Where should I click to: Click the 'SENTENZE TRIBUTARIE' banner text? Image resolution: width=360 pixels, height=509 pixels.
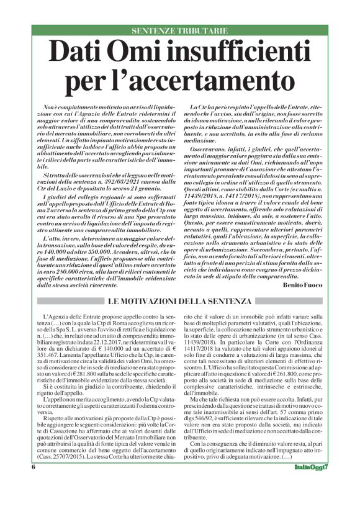(x=179, y=30)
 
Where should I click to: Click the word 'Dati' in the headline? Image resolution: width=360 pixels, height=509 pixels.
(x=80, y=50)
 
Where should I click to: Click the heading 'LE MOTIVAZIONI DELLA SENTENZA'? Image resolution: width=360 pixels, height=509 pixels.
(x=179, y=302)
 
